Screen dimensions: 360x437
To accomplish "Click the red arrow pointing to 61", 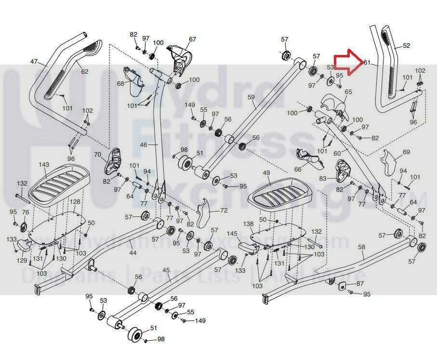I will (347, 63).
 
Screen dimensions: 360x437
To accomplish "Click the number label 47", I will (34, 62).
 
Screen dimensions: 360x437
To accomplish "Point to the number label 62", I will (84, 72).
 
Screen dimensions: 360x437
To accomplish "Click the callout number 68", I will (121, 83).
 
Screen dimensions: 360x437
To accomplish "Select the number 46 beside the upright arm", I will (143, 144).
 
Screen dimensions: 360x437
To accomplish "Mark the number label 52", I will (406, 46).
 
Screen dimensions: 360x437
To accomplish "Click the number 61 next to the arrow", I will (367, 63).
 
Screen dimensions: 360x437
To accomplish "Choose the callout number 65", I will (348, 92).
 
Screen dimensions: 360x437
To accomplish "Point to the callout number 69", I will (406, 152).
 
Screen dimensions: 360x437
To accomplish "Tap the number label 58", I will (362, 247).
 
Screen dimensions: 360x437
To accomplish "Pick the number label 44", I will (133, 253).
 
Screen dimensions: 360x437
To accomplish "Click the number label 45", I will (166, 270).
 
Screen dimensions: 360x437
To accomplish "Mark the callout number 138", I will (248, 224).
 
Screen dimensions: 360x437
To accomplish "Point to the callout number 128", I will (75, 201).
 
